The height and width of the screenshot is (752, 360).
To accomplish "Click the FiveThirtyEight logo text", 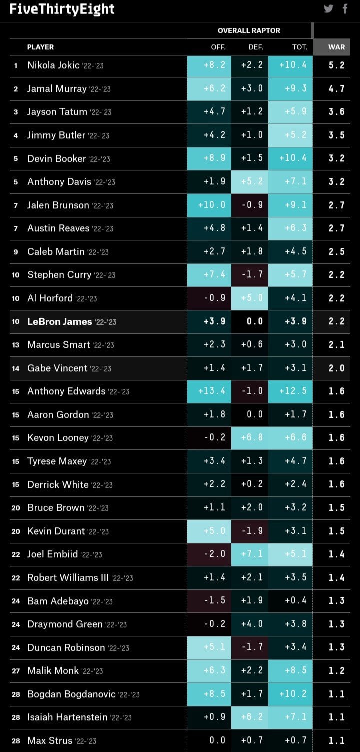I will tap(62, 9).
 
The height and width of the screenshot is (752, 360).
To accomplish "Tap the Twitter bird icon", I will tap(328, 9).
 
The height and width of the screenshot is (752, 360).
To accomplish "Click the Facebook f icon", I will tap(345, 9).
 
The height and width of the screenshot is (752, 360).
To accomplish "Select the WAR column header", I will tap(336, 47).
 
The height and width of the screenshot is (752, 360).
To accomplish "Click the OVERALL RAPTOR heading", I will tap(249, 31).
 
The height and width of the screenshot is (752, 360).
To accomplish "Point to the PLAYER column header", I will tap(40, 47).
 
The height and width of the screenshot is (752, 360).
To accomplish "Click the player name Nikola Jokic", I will tap(53, 65).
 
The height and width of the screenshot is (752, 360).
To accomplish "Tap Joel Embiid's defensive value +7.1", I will tap(252, 554).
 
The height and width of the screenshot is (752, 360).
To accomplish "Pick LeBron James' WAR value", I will tap(336, 321).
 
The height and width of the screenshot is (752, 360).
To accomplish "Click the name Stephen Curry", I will tap(59, 275).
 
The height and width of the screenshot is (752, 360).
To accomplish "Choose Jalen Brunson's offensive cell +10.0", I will tap(212, 205).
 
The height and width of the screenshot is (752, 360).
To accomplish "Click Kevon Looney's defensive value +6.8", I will tap(252, 438).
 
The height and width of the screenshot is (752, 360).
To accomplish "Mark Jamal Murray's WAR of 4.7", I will tap(336, 89).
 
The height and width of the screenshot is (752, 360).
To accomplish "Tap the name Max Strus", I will tap(49, 740).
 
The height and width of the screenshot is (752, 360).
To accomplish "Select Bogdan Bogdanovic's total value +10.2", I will tap(292, 694).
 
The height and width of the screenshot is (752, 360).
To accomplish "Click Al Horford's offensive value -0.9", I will tap(214, 298).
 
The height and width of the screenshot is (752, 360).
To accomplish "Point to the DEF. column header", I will tap(255, 47).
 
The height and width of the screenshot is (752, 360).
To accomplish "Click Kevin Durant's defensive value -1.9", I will tap(252, 531).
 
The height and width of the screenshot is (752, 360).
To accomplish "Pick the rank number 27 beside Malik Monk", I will tap(16, 671).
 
